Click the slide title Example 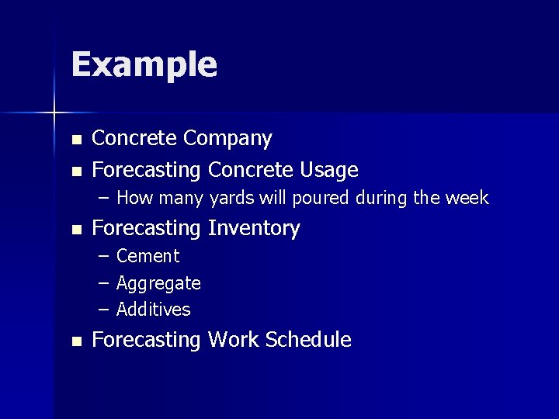(x=144, y=65)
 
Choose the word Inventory (x=254, y=228)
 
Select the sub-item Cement (x=148, y=256)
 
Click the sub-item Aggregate (x=158, y=283)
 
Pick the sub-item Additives (x=153, y=310)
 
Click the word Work (x=234, y=340)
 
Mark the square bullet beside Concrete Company (x=75, y=140)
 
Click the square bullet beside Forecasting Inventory (x=75, y=230)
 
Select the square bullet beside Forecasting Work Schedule (x=75, y=341)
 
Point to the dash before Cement (x=104, y=256)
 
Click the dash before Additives (x=104, y=310)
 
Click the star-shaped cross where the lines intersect (x=54, y=113)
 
